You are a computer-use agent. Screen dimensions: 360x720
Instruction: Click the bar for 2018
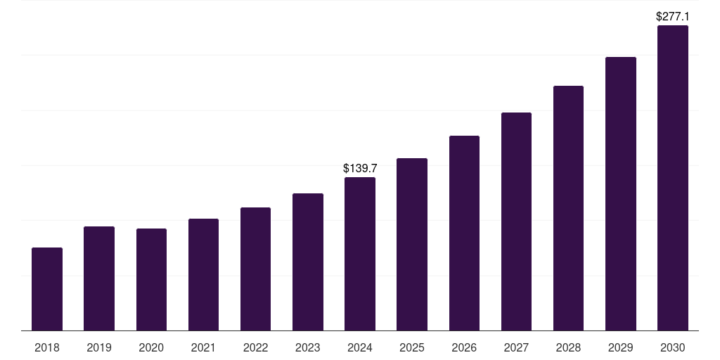click(x=47, y=289)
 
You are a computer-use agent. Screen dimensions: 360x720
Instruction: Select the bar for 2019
click(x=99, y=278)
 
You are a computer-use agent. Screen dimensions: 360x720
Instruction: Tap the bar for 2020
click(x=151, y=280)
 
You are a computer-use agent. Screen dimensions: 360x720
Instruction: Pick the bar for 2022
click(x=255, y=269)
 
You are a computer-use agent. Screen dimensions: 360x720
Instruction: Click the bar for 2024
click(x=360, y=254)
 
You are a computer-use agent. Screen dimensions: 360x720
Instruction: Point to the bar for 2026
click(x=464, y=233)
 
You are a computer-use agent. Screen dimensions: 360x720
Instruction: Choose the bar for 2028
click(x=568, y=208)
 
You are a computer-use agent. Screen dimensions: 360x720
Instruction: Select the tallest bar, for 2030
click(x=673, y=178)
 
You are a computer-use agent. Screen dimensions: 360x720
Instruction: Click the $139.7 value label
click(x=360, y=168)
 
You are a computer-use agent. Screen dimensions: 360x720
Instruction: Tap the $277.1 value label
click(x=673, y=16)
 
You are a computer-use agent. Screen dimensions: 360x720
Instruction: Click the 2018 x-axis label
click(x=47, y=347)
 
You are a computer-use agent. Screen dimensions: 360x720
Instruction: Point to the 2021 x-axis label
click(x=203, y=347)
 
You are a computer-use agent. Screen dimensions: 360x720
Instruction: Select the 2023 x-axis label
click(x=308, y=347)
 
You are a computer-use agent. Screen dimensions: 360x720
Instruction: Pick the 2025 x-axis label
click(x=412, y=347)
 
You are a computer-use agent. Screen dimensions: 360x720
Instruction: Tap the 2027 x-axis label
click(x=516, y=347)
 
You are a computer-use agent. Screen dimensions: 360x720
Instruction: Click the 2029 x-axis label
click(x=621, y=347)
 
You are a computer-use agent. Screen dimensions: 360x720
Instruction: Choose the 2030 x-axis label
click(x=673, y=347)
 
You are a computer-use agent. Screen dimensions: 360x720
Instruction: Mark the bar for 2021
click(x=203, y=275)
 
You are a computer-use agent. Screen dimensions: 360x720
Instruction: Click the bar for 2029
click(x=621, y=194)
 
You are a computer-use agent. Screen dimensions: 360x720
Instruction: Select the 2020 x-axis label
click(x=151, y=347)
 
